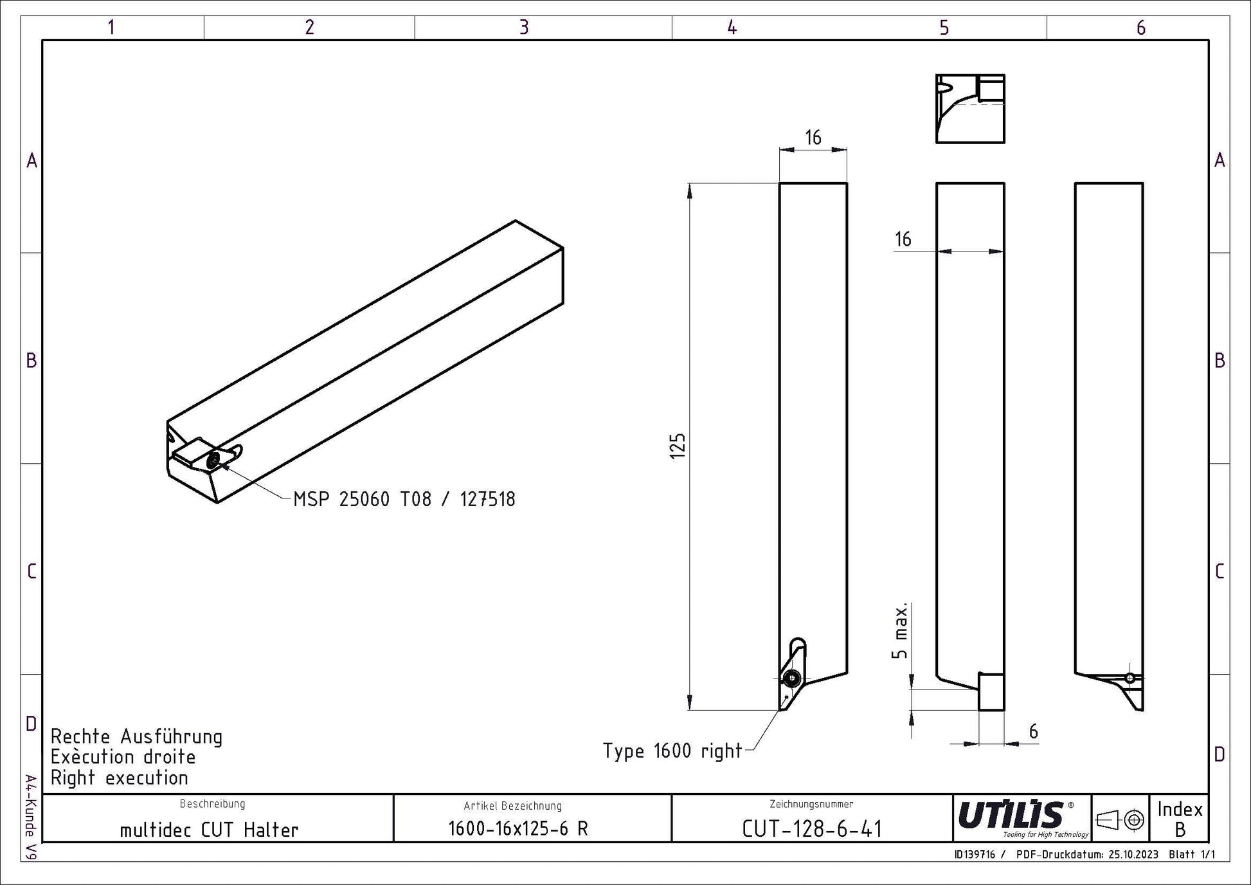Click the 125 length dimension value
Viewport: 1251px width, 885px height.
pos(678,446)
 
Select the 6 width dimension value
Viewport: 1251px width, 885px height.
pos(1033,731)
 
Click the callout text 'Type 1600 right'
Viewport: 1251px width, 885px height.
pos(672,751)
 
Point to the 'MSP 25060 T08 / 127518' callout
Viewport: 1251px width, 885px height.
pos(404,499)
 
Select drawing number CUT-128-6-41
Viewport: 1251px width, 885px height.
pos(812,829)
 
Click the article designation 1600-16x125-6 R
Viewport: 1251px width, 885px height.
pos(518,828)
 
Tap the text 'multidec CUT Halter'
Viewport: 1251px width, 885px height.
pos(210,830)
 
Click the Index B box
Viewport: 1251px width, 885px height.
pos(1180,819)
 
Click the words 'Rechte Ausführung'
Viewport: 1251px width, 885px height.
pos(136,736)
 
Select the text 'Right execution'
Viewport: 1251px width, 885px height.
pos(120,778)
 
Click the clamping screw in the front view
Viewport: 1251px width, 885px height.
pos(792,677)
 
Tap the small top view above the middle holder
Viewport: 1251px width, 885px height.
pos(970,109)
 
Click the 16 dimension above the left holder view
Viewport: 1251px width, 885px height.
pos(813,137)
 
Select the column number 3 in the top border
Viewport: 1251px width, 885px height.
pos(524,27)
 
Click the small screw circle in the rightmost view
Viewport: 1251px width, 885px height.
pos(1130,677)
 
